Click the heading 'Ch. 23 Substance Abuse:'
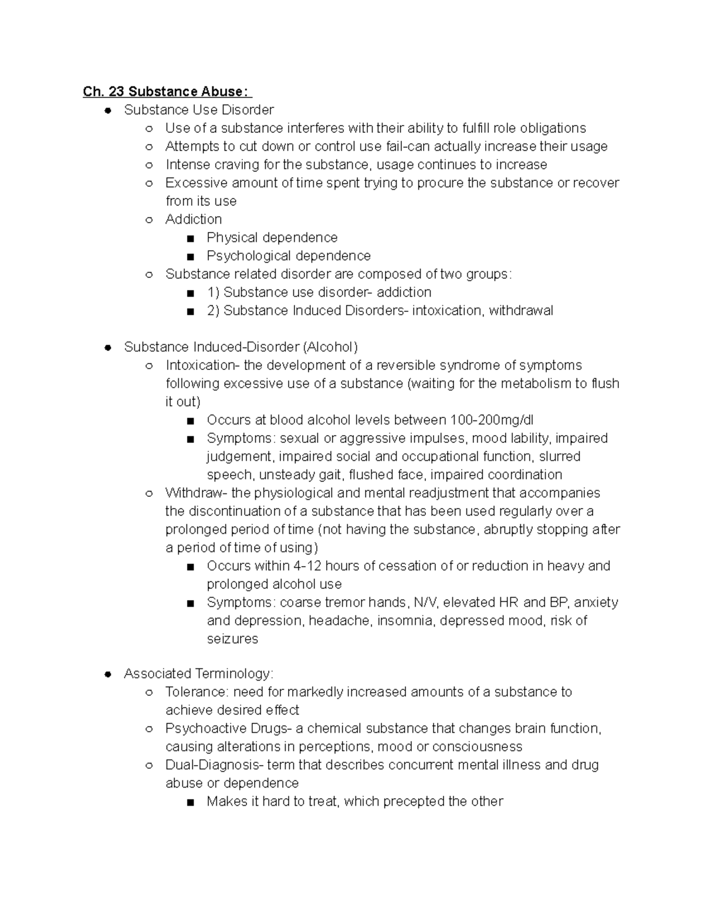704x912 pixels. pos(167,92)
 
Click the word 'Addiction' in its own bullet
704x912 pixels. pos(194,219)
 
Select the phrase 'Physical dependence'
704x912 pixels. pos(272,237)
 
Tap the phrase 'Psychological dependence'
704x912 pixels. pos(289,255)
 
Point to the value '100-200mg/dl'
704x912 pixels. pos(492,420)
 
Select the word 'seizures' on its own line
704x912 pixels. pos(232,638)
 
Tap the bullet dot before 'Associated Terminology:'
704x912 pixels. pos(107,674)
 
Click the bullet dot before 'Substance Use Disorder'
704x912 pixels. pos(107,110)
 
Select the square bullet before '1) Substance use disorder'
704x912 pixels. pos(189,293)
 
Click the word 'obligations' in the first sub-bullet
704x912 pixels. pos(548,128)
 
